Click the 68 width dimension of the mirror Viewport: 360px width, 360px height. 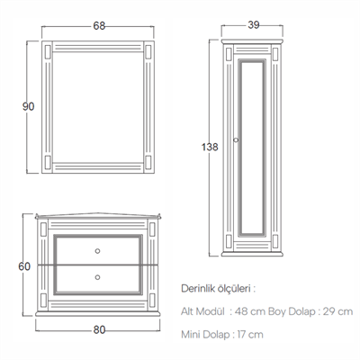pyautogui.click(x=99, y=26)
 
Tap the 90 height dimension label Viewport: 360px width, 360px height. pyautogui.click(x=29, y=106)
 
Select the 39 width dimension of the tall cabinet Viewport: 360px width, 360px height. pyautogui.click(x=254, y=25)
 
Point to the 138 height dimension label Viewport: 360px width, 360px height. pyautogui.click(x=210, y=147)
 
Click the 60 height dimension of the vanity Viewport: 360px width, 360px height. pyautogui.click(x=24, y=266)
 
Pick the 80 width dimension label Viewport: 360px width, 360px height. pyautogui.click(x=99, y=329)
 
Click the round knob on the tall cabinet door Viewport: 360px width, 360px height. pyautogui.click(x=236, y=139)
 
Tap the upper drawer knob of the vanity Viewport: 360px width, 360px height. pyautogui.click(x=97, y=251)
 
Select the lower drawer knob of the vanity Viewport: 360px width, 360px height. pyautogui.click(x=97, y=277)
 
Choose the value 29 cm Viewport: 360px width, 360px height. pyautogui.click(x=337, y=311)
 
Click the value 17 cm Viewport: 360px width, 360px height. pyautogui.click(x=250, y=334)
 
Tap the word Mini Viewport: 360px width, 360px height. pyautogui.click(x=191, y=334)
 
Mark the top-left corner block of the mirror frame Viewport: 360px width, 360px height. pyautogui.click(x=48, y=51)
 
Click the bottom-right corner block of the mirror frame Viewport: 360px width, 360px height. pyautogui.click(x=148, y=162)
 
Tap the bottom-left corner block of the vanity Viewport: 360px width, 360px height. pyautogui.click(x=43, y=300)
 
